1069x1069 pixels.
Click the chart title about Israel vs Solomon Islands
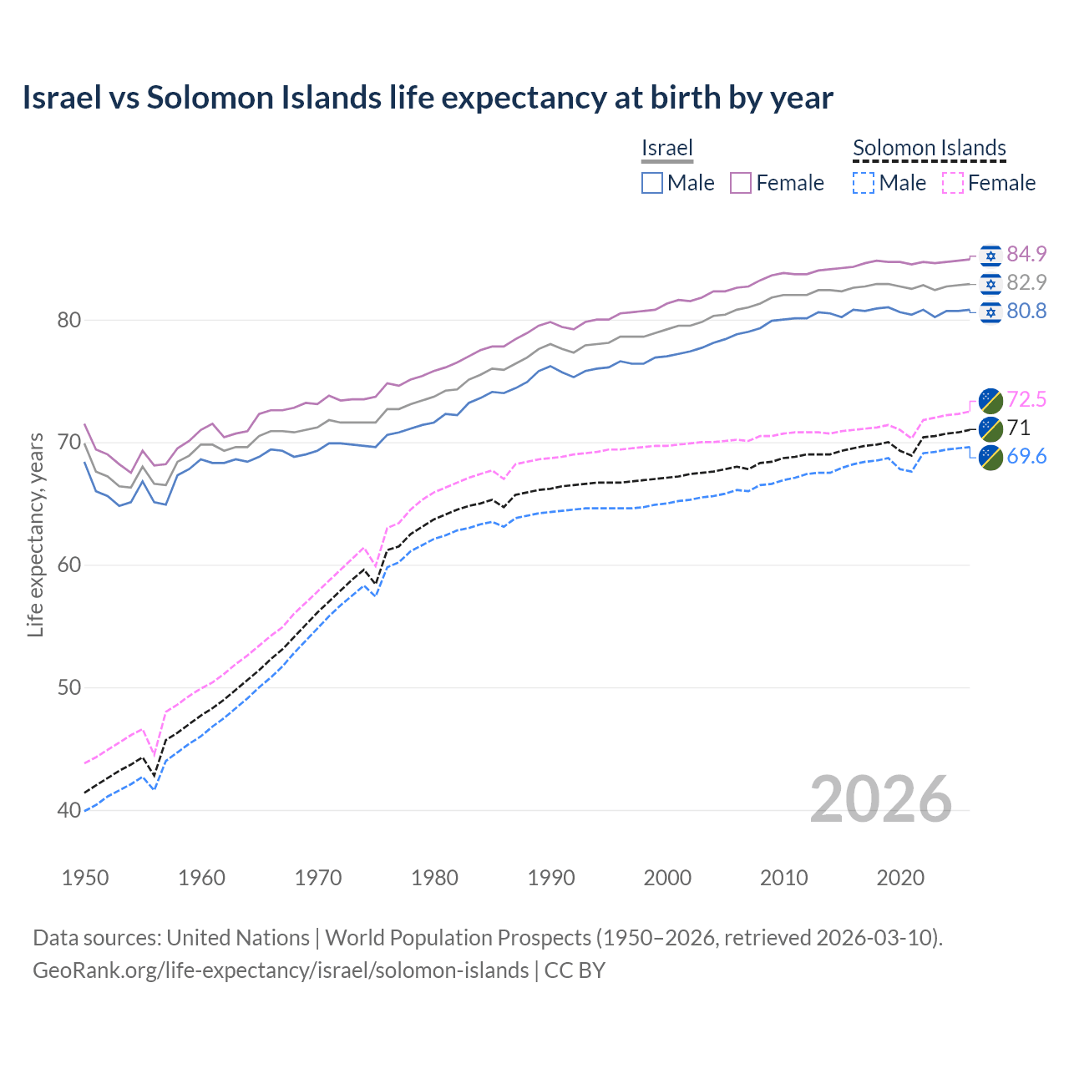[428, 98]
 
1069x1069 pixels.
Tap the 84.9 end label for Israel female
[1026, 254]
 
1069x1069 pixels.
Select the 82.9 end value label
[1026, 282]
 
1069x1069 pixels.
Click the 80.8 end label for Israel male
[1026, 311]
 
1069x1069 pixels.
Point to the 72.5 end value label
[1026, 399]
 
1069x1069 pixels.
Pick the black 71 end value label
[1018, 428]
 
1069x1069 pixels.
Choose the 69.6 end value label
[1026, 456]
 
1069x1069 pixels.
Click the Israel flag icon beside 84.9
[990, 255]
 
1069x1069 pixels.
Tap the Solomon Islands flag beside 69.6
[990, 457]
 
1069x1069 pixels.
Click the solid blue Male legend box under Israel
[652, 183]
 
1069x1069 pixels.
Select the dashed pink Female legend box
[952, 183]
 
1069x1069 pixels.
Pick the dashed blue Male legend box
[864, 183]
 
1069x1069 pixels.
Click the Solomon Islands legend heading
[929, 149]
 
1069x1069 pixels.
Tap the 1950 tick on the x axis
[85, 878]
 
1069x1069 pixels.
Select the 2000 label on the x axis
[667, 878]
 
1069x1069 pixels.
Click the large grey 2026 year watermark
[881, 799]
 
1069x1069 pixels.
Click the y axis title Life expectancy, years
[35, 534]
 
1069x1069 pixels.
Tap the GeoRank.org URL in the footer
[281, 970]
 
